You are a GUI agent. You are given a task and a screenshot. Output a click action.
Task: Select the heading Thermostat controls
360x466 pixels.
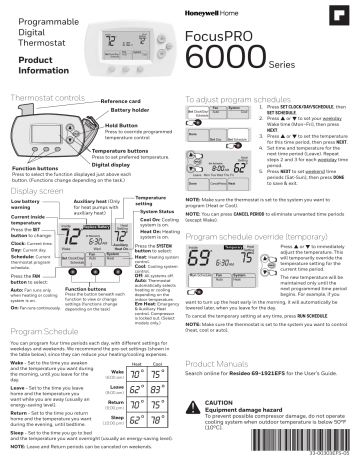pyautogui.click(x=46, y=102)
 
